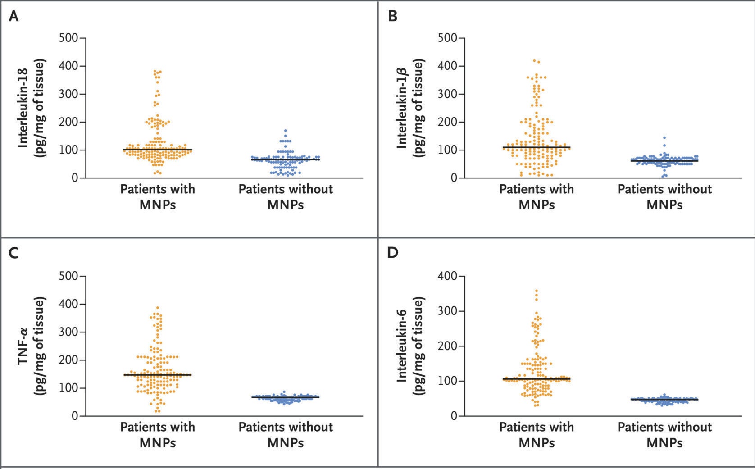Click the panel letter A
[14, 16]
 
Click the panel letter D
[393, 253]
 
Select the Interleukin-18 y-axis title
[32, 108]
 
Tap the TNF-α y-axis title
[32, 346]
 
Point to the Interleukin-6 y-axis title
[410, 346]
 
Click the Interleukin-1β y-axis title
[410, 108]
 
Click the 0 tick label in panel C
[75, 416]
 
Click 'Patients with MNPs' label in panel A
[158, 196]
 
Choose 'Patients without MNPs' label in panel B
[664, 196]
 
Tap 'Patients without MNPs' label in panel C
[286, 434]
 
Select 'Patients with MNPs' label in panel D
[537, 434]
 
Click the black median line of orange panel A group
[158, 150]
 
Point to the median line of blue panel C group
[286, 397]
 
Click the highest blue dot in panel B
[664, 138]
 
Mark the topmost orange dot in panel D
[537, 291]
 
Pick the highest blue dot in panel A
[286, 131]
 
